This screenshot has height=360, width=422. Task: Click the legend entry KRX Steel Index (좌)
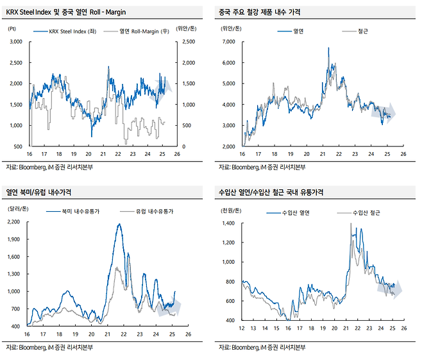69,31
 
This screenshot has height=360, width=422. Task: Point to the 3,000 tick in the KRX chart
15,42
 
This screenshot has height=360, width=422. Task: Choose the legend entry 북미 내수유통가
79,210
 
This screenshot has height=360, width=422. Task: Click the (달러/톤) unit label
17,209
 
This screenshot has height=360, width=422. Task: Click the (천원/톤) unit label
231,209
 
